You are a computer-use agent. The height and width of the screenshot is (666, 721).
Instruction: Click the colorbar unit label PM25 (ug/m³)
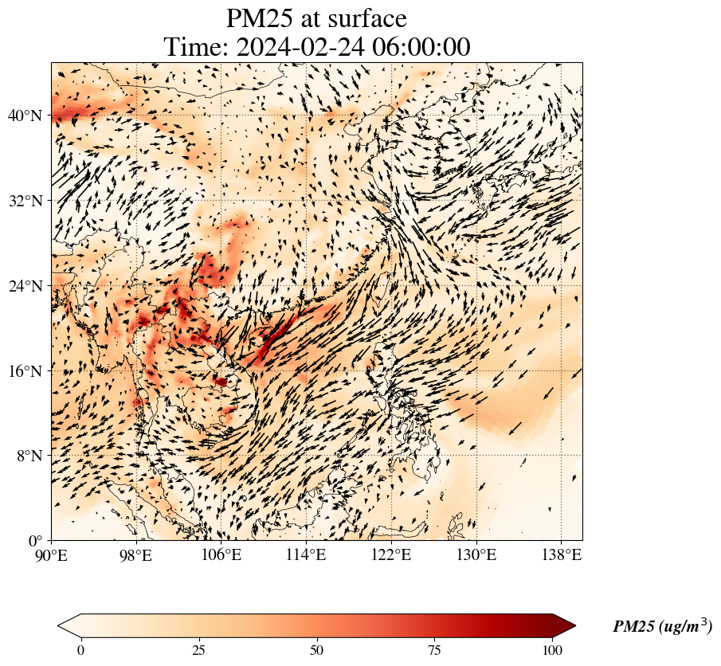point(662,627)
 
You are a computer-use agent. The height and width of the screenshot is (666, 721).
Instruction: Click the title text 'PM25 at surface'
point(316,18)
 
